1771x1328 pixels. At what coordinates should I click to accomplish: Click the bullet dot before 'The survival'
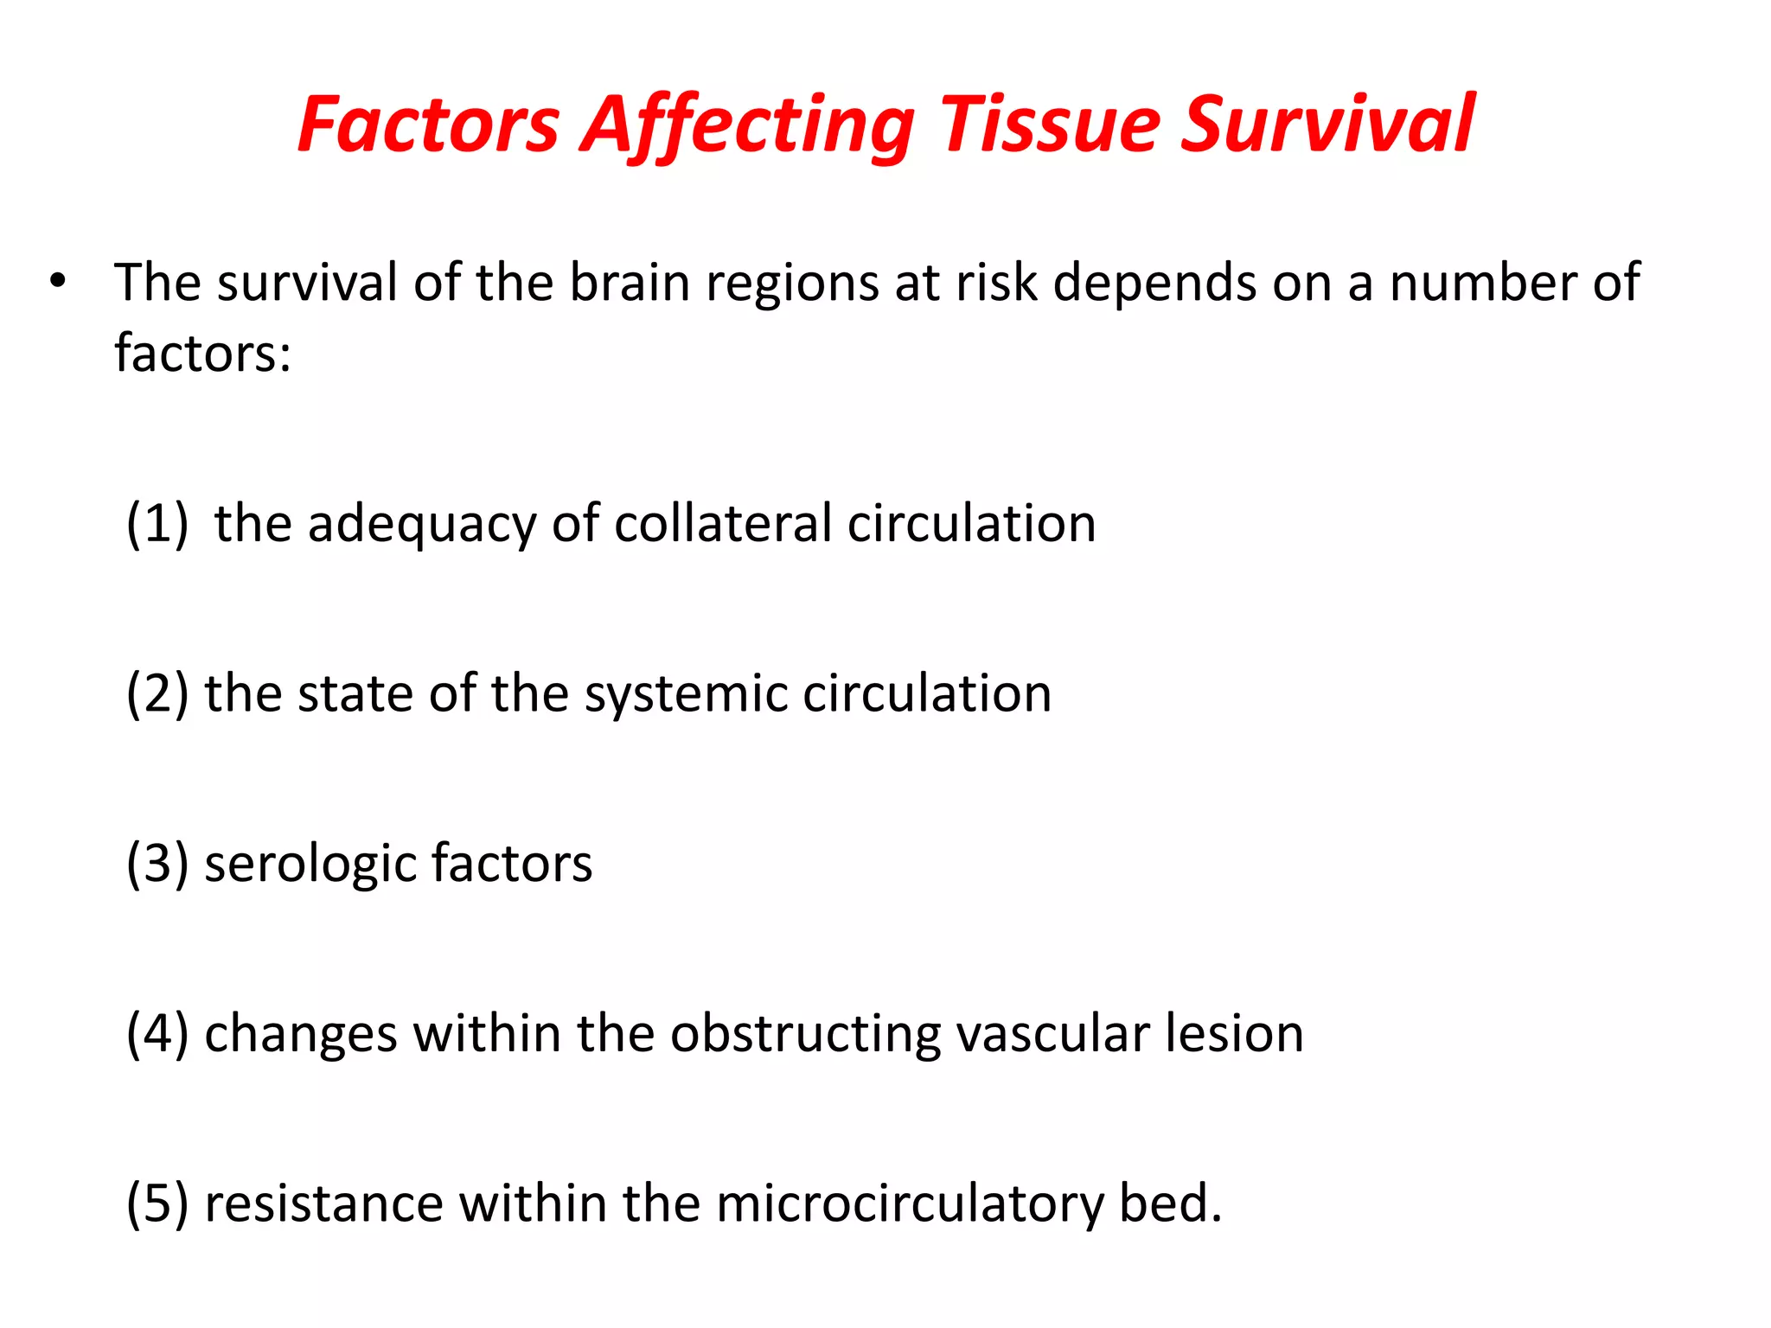click(x=58, y=281)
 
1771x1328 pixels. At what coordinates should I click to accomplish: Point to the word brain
click(x=630, y=283)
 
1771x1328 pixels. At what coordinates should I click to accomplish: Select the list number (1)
click(x=157, y=524)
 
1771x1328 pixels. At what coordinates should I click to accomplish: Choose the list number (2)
click(x=157, y=693)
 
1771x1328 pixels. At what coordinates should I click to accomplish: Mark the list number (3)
click(x=157, y=864)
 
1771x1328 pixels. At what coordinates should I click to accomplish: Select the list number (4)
click(x=157, y=1033)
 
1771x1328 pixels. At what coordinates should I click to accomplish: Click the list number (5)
click(x=157, y=1203)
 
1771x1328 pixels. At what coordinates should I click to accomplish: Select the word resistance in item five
click(x=323, y=1203)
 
